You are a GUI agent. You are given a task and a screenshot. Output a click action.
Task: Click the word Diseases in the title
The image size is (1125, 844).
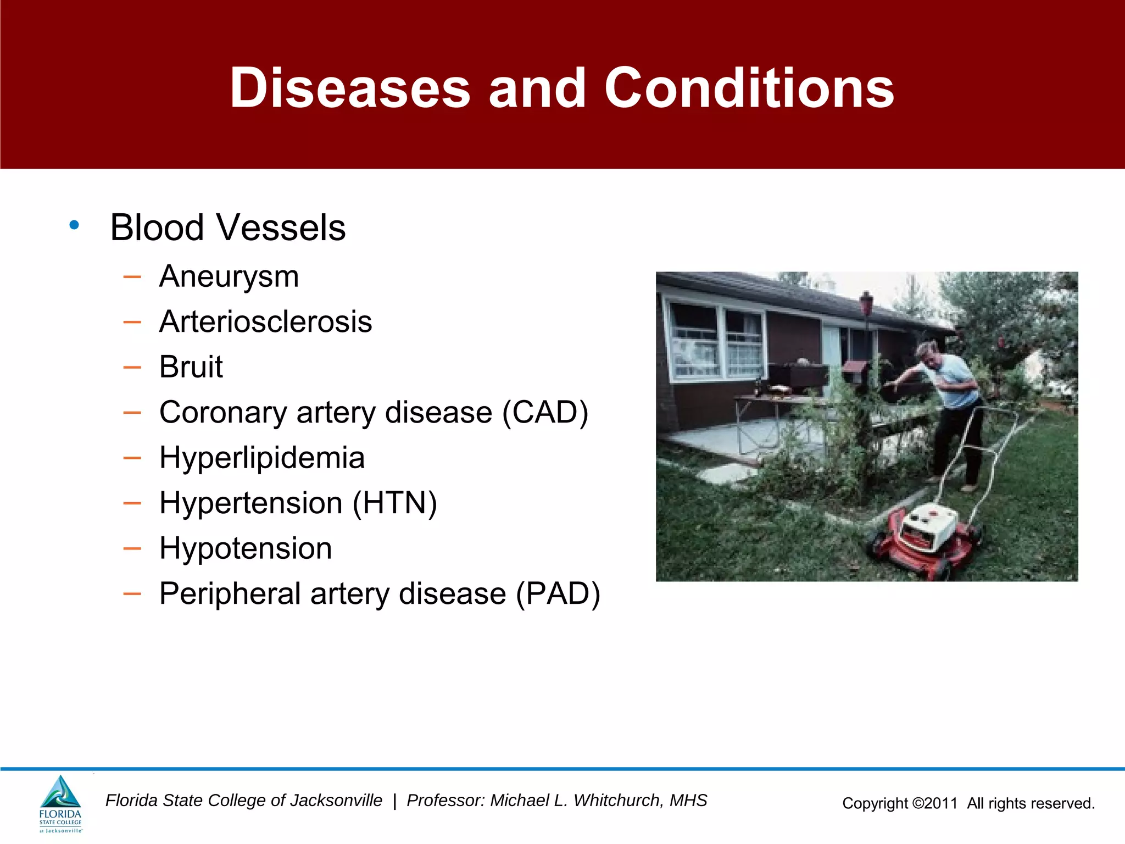pyautogui.click(x=350, y=88)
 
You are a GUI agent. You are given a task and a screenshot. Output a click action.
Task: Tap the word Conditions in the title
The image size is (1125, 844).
pyautogui.click(x=749, y=88)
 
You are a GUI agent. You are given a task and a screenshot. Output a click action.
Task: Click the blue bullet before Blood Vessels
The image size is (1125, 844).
pyautogui.click(x=74, y=225)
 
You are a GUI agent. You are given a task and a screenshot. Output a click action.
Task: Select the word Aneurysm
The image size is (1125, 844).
pyautogui.click(x=229, y=276)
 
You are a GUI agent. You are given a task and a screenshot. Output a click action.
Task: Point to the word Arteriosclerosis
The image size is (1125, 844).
pyautogui.click(x=265, y=322)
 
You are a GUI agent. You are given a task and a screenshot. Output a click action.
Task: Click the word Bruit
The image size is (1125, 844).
pyautogui.click(x=191, y=367)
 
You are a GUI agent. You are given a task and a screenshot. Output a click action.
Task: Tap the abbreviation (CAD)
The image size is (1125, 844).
pyautogui.click(x=545, y=413)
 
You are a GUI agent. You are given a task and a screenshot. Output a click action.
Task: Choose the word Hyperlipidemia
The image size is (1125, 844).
pyautogui.click(x=262, y=458)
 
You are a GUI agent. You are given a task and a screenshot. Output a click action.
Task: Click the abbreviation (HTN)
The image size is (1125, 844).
pyautogui.click(x=394, y=503)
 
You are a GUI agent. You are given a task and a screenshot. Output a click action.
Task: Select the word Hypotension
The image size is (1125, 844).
pyautogui.click(x=246, y=548)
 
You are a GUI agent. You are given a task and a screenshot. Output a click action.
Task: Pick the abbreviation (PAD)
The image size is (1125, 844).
pyautogui.click(x=558, y=594)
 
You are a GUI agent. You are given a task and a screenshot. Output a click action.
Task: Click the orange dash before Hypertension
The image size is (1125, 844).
pyautogui.click(x=132, y=503)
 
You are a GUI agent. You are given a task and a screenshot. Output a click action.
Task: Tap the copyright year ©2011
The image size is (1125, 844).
pyautogui.click(x=934, y=803)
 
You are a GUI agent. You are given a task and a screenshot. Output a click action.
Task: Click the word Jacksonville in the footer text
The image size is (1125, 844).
pyautogui.click(x=336, y=801)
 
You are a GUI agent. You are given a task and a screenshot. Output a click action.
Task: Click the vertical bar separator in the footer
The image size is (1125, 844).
pyautogui.click(x=394, y=801)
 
